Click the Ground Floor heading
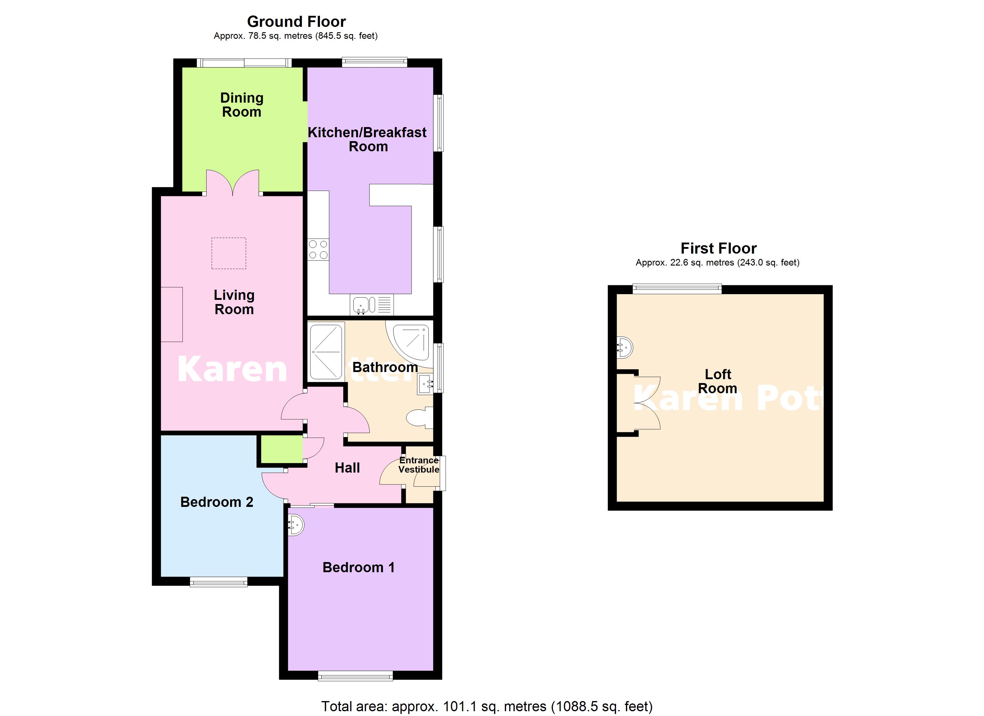click(296, 22)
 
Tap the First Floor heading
click(719, 249)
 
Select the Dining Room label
click(242, 105)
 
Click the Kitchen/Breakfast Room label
click(367, 139)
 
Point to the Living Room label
click(234, 302)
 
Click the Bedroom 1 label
click(359, 567)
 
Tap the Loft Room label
click(718, 381)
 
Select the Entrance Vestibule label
click(419, 465)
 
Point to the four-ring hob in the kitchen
click(318, 250)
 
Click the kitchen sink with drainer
click(372, 305)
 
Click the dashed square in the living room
click(229, 253)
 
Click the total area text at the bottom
click(487, 706)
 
